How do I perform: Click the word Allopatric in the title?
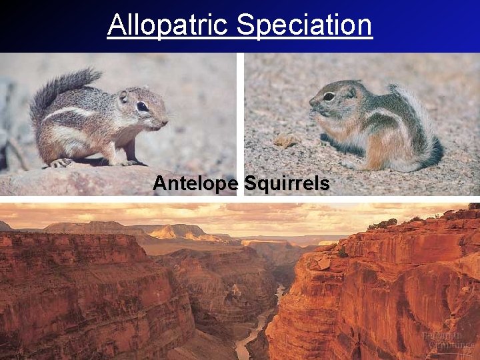tap(169, 25)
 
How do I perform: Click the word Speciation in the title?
tap(304, 25)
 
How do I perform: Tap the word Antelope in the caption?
tap(194, 183)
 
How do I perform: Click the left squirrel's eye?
tap(143, 106)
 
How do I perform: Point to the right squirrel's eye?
tap(329, 97)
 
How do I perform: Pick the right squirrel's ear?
tap(349, 93)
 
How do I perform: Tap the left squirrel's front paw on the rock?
tap(61, 162)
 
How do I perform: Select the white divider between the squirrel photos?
tap(240, 123)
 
